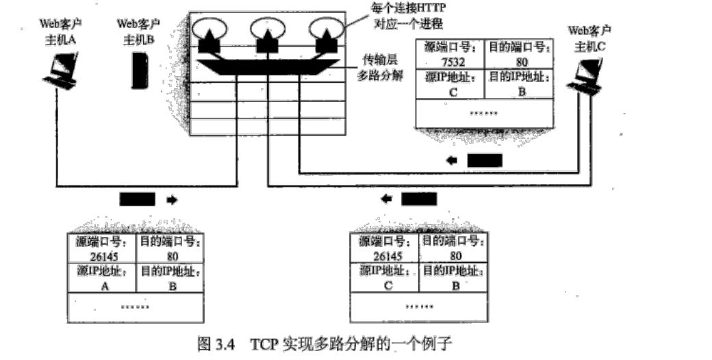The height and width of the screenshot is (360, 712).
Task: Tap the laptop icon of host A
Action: tap(62, 72)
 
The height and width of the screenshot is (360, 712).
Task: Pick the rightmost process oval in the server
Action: tap(326, 29)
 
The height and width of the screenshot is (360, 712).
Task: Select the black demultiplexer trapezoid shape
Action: tap(267, 67)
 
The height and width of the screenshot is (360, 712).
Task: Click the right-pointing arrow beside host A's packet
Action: tap(171, 200)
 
